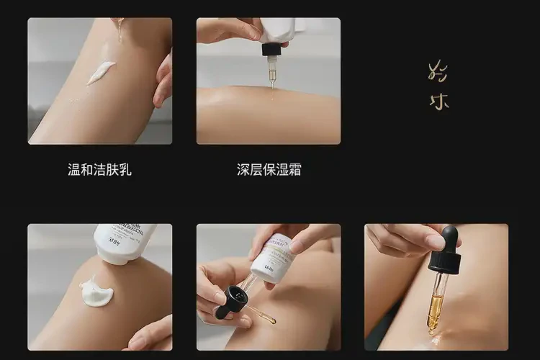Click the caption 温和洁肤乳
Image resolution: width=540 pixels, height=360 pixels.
tap(99, 171)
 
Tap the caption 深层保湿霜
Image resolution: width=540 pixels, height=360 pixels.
tap(269, 171)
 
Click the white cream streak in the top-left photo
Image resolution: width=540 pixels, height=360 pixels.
tap(101, 72)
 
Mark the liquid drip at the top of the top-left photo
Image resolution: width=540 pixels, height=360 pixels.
tap(119, 29)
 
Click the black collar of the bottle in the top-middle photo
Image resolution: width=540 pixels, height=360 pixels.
tap(271, 49)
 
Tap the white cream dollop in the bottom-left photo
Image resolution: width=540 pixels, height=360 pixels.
tap(97, 292)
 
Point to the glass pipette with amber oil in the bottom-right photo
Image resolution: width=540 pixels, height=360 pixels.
tap(437, 299)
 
